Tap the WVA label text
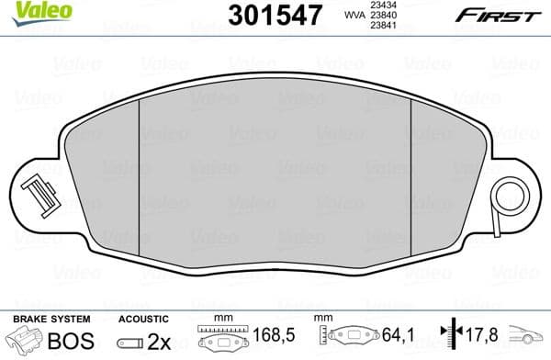click(353, 15)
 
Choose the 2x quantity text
click(159, 339)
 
